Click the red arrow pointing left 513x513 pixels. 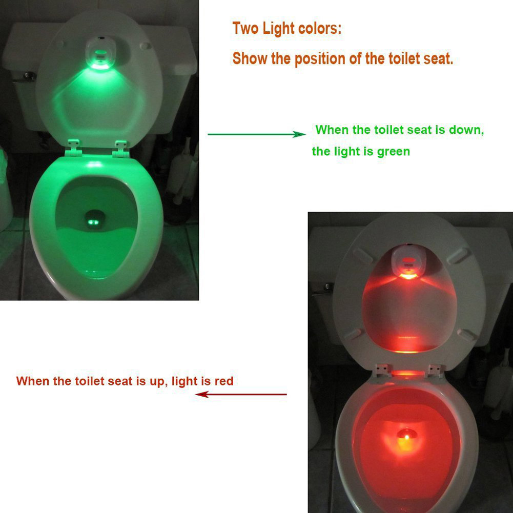coord(241,394)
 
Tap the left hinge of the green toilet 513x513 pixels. coord(75,146)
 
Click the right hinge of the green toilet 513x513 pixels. coord(120,146)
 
